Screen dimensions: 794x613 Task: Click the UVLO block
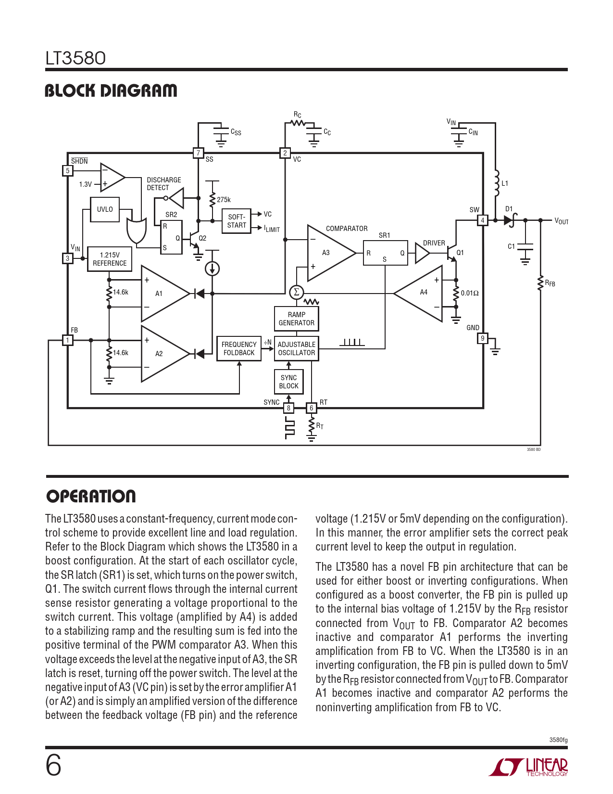pos(105,209)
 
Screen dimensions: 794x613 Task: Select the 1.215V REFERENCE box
pos(110,259)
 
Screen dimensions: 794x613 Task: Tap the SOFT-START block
pos(237,221)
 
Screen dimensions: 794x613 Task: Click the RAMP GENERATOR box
pos(296,319)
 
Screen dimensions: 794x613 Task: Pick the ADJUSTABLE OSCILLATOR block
pos(297,348)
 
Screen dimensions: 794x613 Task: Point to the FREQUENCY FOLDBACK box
pos(239,348)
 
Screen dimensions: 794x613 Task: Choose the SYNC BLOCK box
pos(288,382)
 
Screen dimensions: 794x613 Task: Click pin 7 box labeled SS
pos(198,153)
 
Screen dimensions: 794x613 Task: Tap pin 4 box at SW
pos(482,220)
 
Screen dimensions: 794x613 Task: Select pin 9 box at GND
pos(483,338)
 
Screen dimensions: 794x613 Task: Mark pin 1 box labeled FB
pos(68,340)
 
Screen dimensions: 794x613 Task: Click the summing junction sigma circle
pos(297,292)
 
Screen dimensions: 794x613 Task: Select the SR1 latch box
pos(385,253)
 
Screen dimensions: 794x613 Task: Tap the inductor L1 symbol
pos(497,183)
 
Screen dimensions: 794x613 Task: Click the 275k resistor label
pos(224,200)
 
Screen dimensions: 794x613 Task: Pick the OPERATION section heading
pos(91,496)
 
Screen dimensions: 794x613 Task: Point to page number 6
pos(53,766)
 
